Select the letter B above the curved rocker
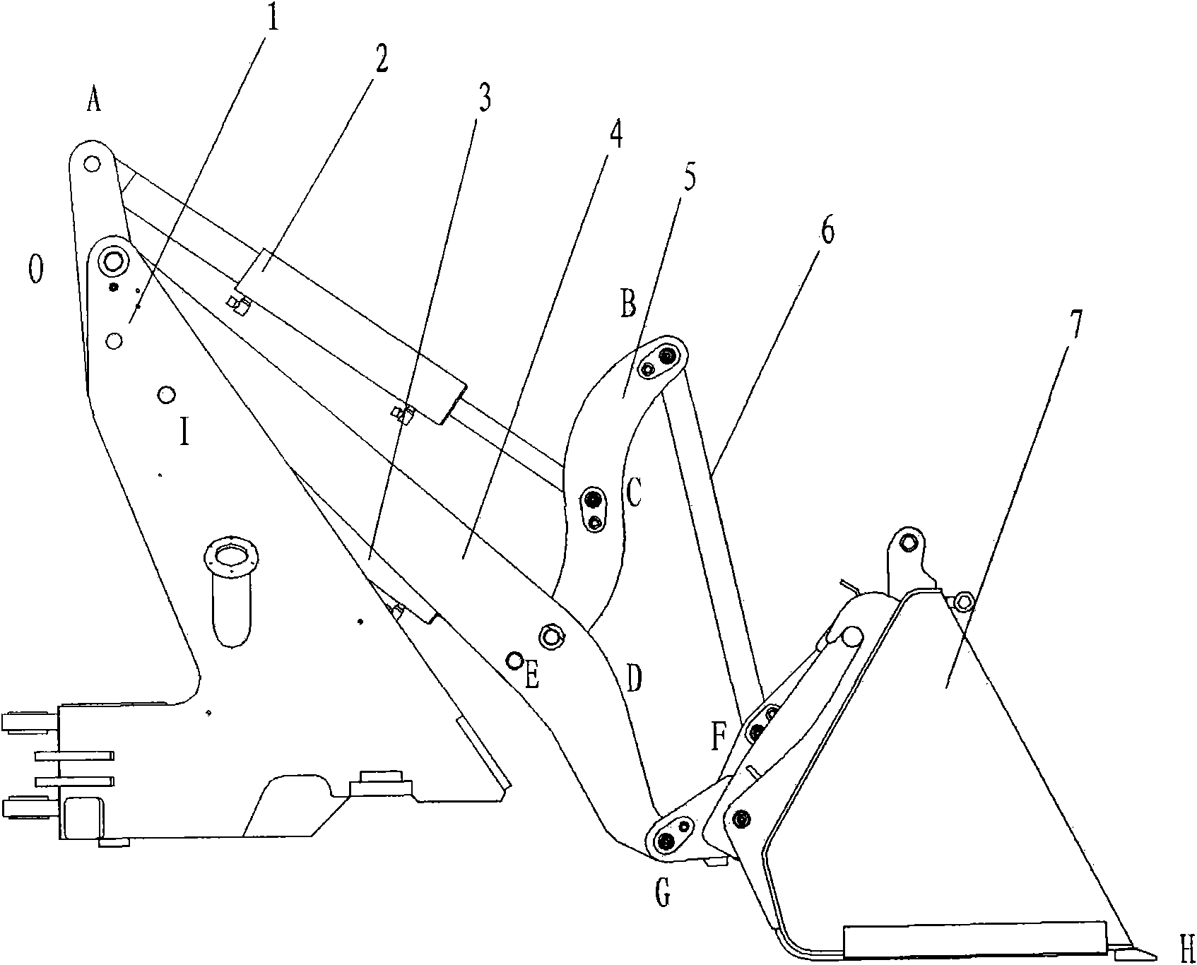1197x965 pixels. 627,305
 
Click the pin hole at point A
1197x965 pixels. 90,164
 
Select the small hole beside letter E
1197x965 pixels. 515,661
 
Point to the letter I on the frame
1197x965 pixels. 184,432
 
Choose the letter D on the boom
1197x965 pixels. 634,679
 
